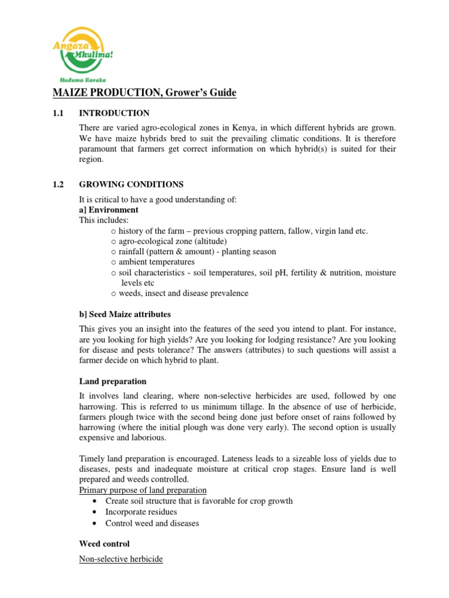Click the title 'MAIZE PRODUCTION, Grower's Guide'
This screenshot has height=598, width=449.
[137, 93]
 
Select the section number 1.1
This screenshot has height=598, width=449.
[58, 113]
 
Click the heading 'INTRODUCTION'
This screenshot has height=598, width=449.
[114, 113]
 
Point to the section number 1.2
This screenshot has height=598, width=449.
[58, 185]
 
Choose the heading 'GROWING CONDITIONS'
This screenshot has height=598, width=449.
[131, 185]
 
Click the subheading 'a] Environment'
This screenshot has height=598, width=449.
[109, 210]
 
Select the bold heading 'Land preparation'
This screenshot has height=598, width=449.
[113, 381]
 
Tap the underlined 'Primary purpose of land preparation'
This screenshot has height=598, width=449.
[143, 490]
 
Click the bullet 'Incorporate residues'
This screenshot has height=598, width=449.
[141, 512]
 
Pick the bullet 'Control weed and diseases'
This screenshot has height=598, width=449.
[152, 523]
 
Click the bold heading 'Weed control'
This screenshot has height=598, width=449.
[105, 544]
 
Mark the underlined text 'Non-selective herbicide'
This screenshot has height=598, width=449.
[121, 559]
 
